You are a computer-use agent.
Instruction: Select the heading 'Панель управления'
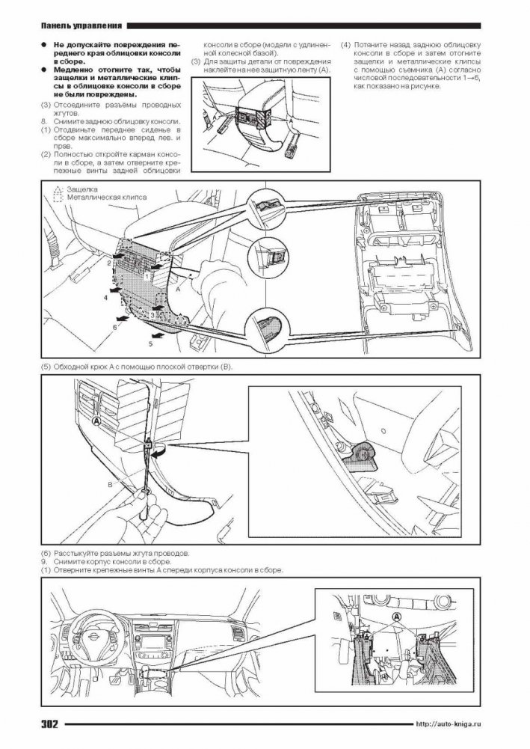(x=81, y=25)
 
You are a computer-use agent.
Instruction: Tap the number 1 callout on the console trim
(x=147, y=276)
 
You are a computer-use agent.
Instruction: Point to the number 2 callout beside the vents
(x=109, y=263)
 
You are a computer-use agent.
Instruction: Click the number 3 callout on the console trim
(x=152, y=315)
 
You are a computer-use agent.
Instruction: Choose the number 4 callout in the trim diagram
(x=106, y=296)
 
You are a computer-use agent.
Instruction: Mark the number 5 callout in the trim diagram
(x=151, y=343)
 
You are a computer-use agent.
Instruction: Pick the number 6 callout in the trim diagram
(x=114, y=328)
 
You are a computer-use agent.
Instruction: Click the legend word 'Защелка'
(x=82, y=189)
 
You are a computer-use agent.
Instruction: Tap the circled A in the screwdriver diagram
(x=96, y=421)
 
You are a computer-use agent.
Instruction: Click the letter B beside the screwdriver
(x=110, y=484)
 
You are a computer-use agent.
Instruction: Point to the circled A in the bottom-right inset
(x=396, y=617)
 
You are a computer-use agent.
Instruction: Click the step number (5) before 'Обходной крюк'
(x=46, y=367)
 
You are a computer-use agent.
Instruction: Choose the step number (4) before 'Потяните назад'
(x=345, y=46)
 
